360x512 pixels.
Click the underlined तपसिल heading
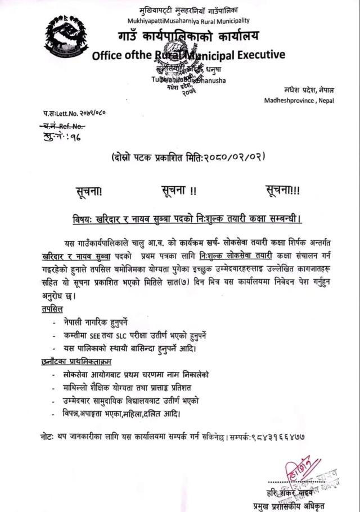pyautogui.click(x=52, y=309)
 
